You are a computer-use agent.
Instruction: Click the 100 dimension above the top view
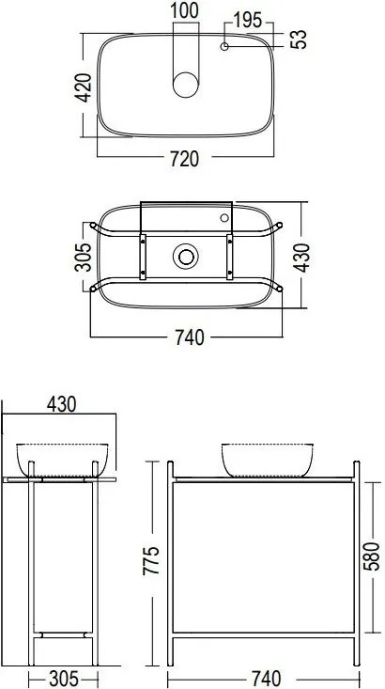coord(184,10)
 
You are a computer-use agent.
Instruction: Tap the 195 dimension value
coord(248,21)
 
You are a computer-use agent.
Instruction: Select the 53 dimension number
coord(298,39)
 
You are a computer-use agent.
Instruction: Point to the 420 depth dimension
coord(85,87)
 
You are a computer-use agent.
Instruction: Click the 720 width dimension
coord(184,159)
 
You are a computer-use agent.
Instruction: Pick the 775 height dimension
coord(151,560)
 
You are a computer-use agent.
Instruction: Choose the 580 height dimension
coord(372,556)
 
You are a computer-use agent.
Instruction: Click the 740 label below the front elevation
coord(267,679)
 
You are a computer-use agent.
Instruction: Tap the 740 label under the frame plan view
coord(190,337)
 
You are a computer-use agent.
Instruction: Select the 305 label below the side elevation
coord(63,679)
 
